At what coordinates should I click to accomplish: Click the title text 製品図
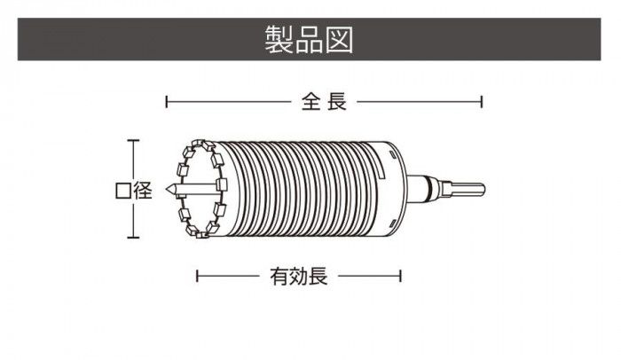point(310,39)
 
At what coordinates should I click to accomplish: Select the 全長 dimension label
point(323,102)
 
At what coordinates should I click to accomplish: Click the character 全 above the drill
point(310,102)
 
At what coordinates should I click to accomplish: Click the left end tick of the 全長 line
point(167,102)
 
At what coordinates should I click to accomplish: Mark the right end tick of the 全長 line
point(482,102)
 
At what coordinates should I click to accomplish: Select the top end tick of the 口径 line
point(133,141)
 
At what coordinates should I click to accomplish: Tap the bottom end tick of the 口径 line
point(133,237)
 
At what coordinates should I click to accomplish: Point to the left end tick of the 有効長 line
point(197,277)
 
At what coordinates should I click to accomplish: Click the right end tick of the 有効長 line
point(401,277)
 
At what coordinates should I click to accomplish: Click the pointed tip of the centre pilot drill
point(170,189)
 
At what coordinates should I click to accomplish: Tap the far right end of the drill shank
point(486,189)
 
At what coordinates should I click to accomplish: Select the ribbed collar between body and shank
point(431,189)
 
